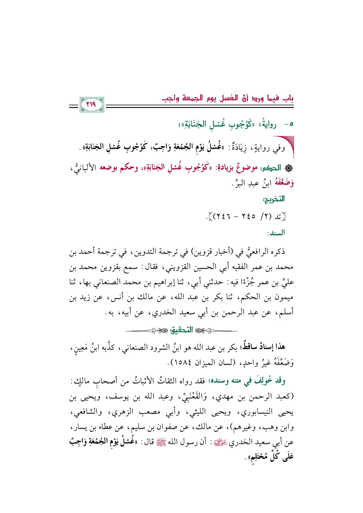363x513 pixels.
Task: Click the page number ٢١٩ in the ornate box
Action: (x=91, y=104)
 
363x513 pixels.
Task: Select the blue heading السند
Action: (x=276, y=233)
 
